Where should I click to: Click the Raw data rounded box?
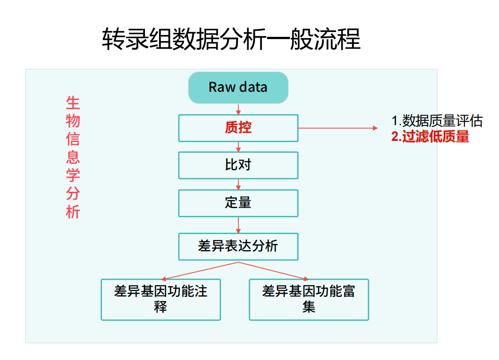point(238,87)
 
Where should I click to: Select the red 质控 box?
point(239,128)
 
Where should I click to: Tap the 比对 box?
point(239,166)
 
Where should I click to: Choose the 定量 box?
point(239,203)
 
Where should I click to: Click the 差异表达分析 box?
point(239,246)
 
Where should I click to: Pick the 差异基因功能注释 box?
point(161,299)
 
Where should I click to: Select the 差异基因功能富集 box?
point(309,299)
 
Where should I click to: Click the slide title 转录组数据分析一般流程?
point(231,39)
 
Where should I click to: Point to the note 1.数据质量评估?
point(437,121)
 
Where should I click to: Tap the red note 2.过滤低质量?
point(430,137)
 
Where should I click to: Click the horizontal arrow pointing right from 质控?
point(338,128)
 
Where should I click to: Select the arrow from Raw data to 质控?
point(239,109)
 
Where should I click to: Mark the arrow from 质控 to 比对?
point(239,147)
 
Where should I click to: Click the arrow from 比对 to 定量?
point(239,184)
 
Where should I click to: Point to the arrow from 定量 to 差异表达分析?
point(239,225)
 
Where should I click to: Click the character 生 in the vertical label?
point(73,103)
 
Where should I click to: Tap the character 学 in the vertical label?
point(73,175)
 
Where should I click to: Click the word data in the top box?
point(253,87)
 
